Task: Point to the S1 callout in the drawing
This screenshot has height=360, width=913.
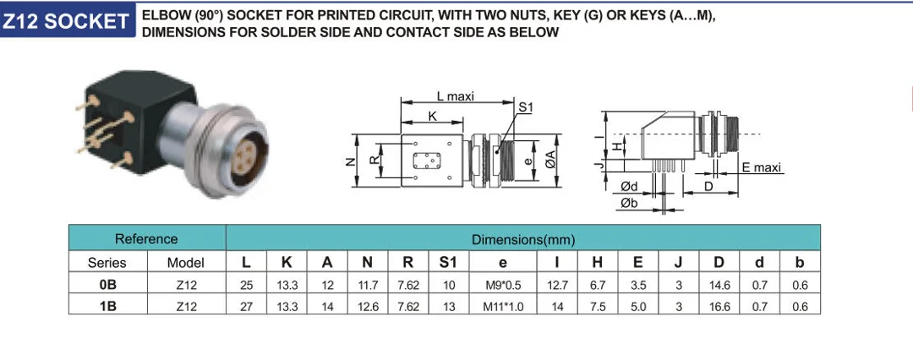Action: pos(525,107)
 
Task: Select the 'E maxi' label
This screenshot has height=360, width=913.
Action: pos(762,168)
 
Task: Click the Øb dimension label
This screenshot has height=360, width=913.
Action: pos(629,204)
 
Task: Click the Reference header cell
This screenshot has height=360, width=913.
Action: pos(146,239)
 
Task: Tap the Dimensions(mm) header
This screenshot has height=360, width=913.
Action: pos(522,239)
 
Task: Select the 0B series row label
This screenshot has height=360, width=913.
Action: pos(107,285)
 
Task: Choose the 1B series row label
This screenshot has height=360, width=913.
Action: pos(107,307)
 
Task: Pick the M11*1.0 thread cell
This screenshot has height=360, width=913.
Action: pos(503,307)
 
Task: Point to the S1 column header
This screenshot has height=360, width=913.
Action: pos(448,263)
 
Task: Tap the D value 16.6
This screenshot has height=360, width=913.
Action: pos(720,307)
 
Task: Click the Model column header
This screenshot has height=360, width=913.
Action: pos(186,263)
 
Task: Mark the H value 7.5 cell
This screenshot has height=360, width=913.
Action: pos(598,307)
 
